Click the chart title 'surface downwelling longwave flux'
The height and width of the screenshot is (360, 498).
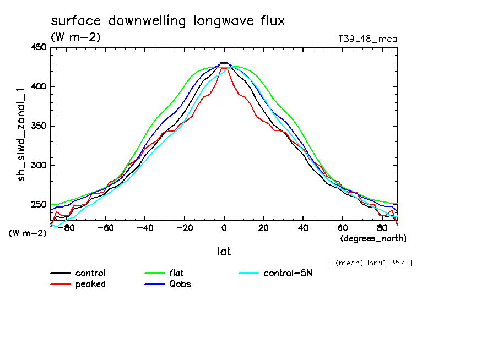click(167, 21)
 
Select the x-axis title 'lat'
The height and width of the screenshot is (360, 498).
click(224, 252)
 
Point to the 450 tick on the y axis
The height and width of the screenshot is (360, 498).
click(38, 47)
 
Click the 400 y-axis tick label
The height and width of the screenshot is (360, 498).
click(38, 86)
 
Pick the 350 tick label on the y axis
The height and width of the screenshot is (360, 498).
click(38, 126)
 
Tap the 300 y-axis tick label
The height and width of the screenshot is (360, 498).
click(38, 165)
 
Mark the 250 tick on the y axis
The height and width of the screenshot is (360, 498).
click(38, 204)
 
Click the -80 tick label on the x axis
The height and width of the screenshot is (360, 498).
click(65, 227)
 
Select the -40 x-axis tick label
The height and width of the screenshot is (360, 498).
click(144, 227)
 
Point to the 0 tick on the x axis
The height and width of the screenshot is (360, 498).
click(224, 227)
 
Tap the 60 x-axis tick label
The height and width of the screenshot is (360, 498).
click(343, 227)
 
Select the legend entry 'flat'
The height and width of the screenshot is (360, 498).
click(177, 274)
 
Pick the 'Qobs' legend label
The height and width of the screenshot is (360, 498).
click(180, 284)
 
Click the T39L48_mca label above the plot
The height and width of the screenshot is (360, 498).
click(367, 39)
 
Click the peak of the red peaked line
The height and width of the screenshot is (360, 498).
click(223, 69)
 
